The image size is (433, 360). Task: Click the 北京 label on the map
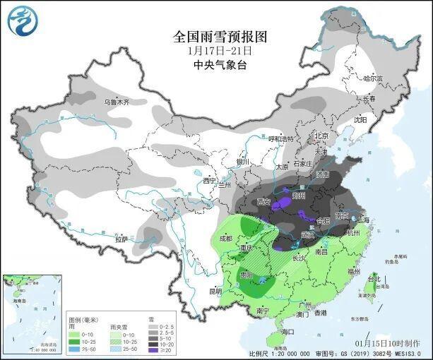pyautogui.click(x=321, y=136)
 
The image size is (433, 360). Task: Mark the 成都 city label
pyautogui.click(x=225, y=239)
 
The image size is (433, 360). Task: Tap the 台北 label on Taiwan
pyautogui.click(x=385, y=280)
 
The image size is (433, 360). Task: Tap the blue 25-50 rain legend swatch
pyautogui.click(x=73, y=349)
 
